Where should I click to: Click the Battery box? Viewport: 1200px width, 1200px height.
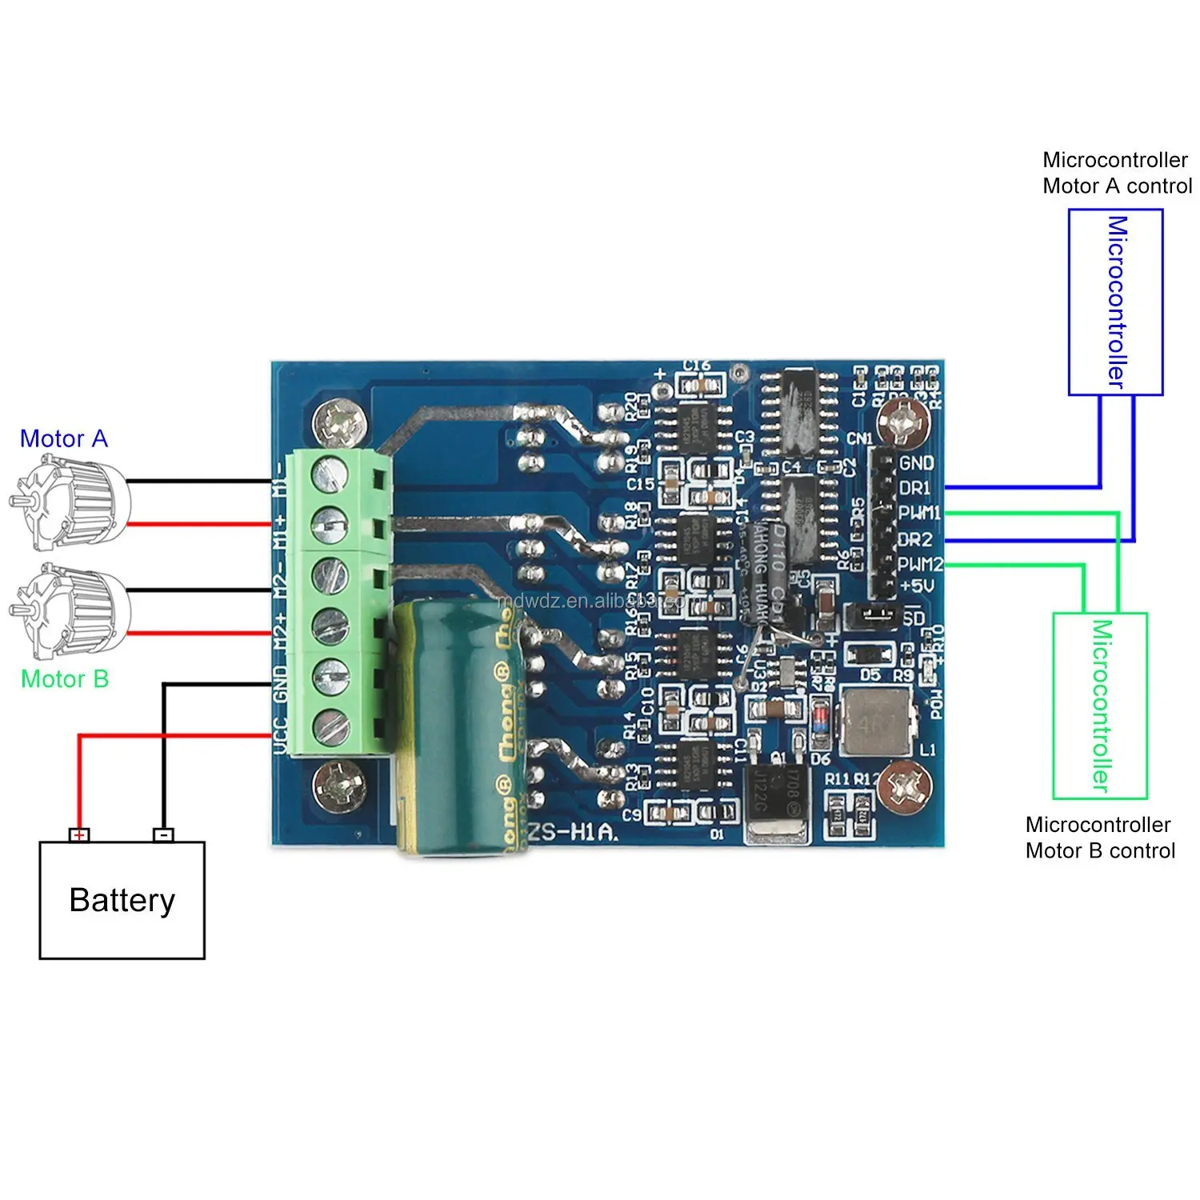click(x=122, y=900)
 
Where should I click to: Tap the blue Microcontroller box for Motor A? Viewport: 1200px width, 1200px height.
click(x=1115, y=302)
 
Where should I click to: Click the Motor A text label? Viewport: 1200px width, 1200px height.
click(x=63, y=438)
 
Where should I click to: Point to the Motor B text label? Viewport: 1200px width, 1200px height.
click(x=64, y=679)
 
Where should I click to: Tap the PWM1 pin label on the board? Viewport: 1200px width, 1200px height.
click(x=919, y=513)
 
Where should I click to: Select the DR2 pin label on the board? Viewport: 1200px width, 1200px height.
click(x=916, y=539)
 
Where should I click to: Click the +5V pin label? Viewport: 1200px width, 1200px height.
click(x=917, y=586)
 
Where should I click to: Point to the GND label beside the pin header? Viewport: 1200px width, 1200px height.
click(x=916, y=463)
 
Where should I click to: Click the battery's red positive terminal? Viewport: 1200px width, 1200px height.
click(x=78, y=835)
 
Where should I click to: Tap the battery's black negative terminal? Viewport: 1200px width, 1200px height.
click(x=163, y=835)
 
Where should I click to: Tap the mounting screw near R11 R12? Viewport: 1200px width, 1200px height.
click(x=904, y=785)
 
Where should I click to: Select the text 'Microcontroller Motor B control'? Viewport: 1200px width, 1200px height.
click(x=1100, y=838)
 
